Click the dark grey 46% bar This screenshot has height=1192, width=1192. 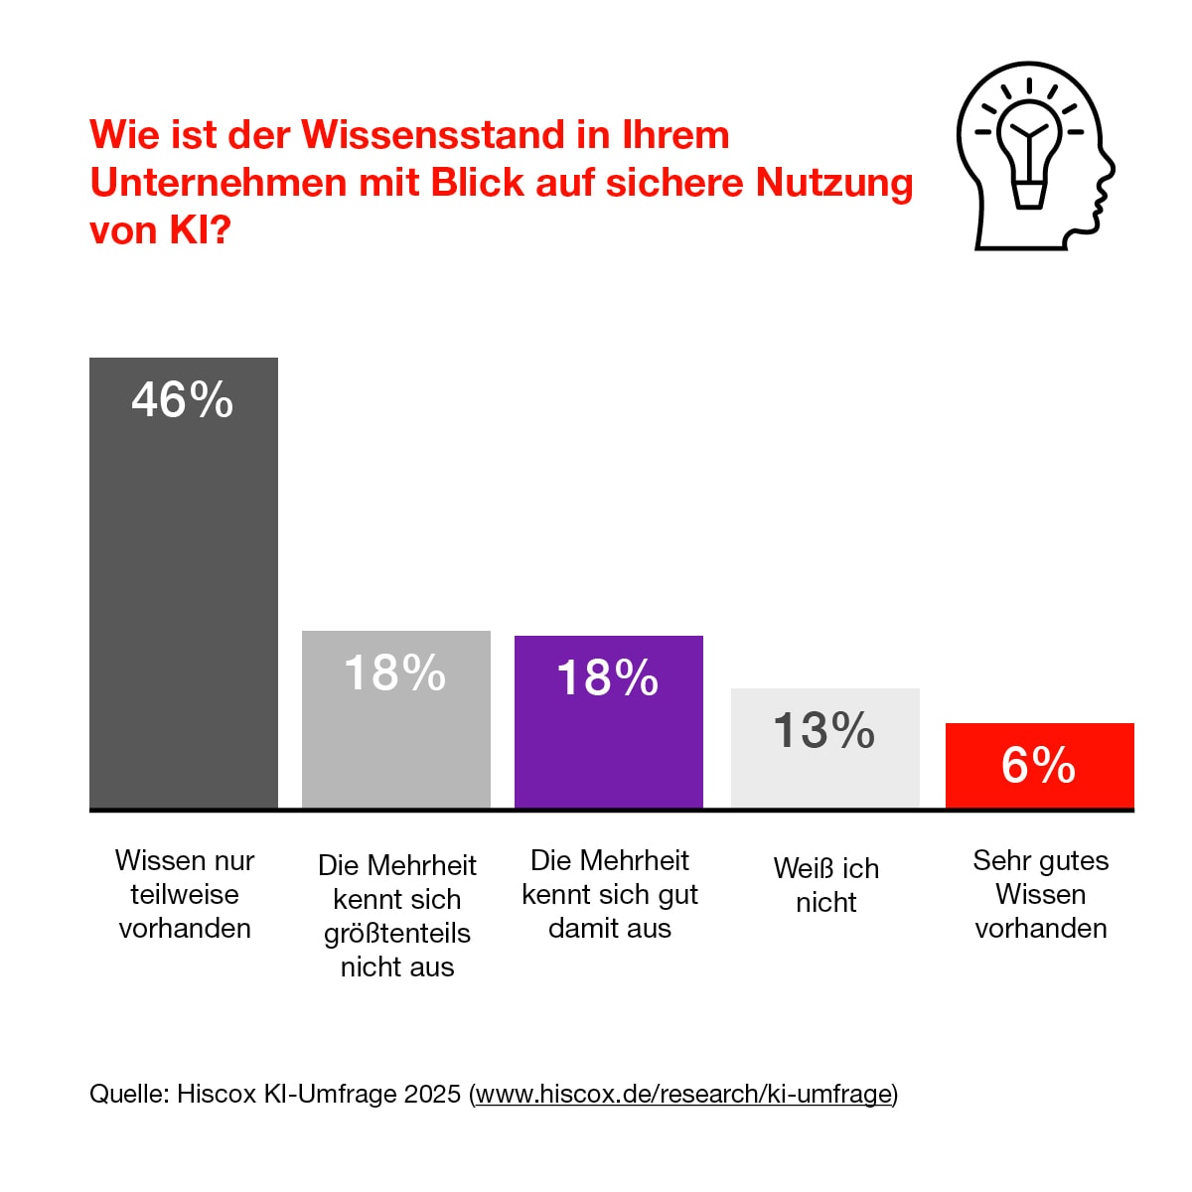[x=184, y=596]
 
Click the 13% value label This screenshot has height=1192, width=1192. [x=824, y=731]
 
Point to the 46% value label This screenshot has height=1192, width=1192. [x=183, y=400]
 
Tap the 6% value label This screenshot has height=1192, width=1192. [x=1038, y=765]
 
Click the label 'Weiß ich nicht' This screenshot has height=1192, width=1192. [x=825, y=885]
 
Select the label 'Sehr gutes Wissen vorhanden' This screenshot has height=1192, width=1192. [x=1040, y=894]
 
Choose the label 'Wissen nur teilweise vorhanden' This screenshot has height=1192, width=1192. [x=185, y=894]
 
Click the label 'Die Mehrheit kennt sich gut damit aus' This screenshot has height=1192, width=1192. [x=609, y=894]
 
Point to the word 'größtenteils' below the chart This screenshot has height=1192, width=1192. [x=396, y=934]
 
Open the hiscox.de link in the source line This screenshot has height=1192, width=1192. [x=683, y=1094]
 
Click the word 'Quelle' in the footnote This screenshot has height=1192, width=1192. [x=126, y=1094]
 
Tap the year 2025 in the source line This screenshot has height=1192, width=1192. [x=432, y=1094]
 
